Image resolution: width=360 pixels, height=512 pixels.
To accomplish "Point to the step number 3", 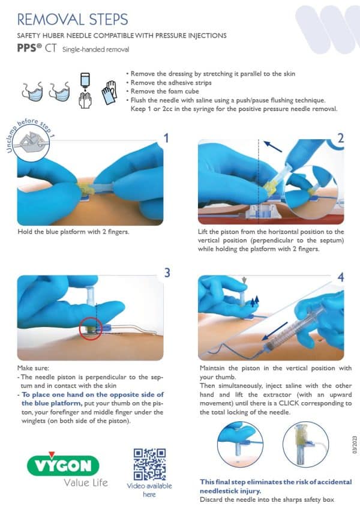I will (167, 272).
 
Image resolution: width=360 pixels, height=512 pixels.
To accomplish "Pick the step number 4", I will (341, 278).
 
